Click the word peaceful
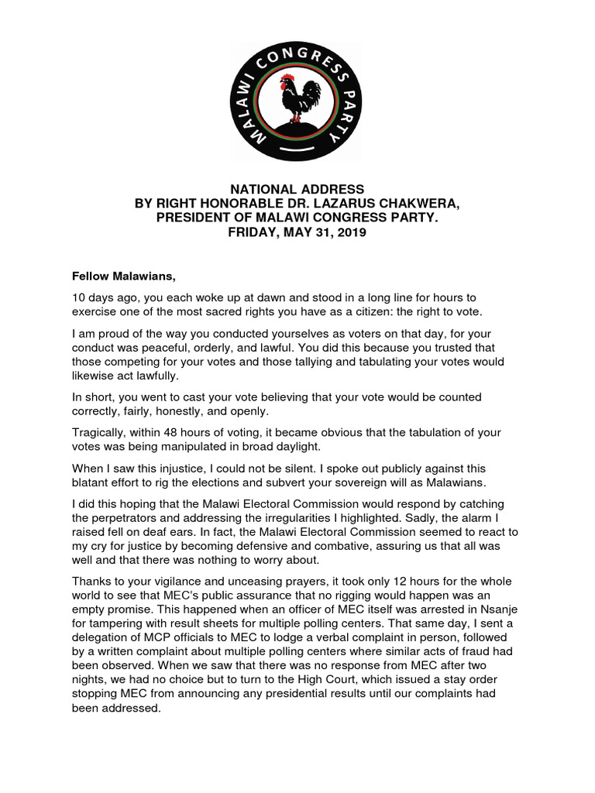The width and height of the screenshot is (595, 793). click(191, 348)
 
